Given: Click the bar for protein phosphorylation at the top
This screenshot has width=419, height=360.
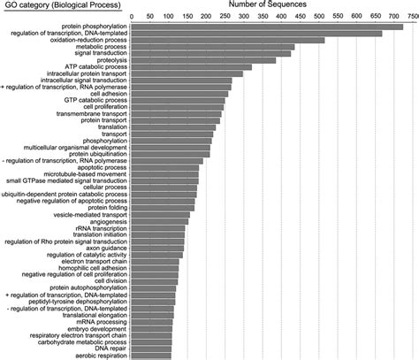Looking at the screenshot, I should point(265,27).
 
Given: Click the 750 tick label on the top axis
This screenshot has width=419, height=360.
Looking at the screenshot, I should point(412,16).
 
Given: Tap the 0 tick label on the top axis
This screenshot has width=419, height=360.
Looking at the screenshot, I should point(131,16).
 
